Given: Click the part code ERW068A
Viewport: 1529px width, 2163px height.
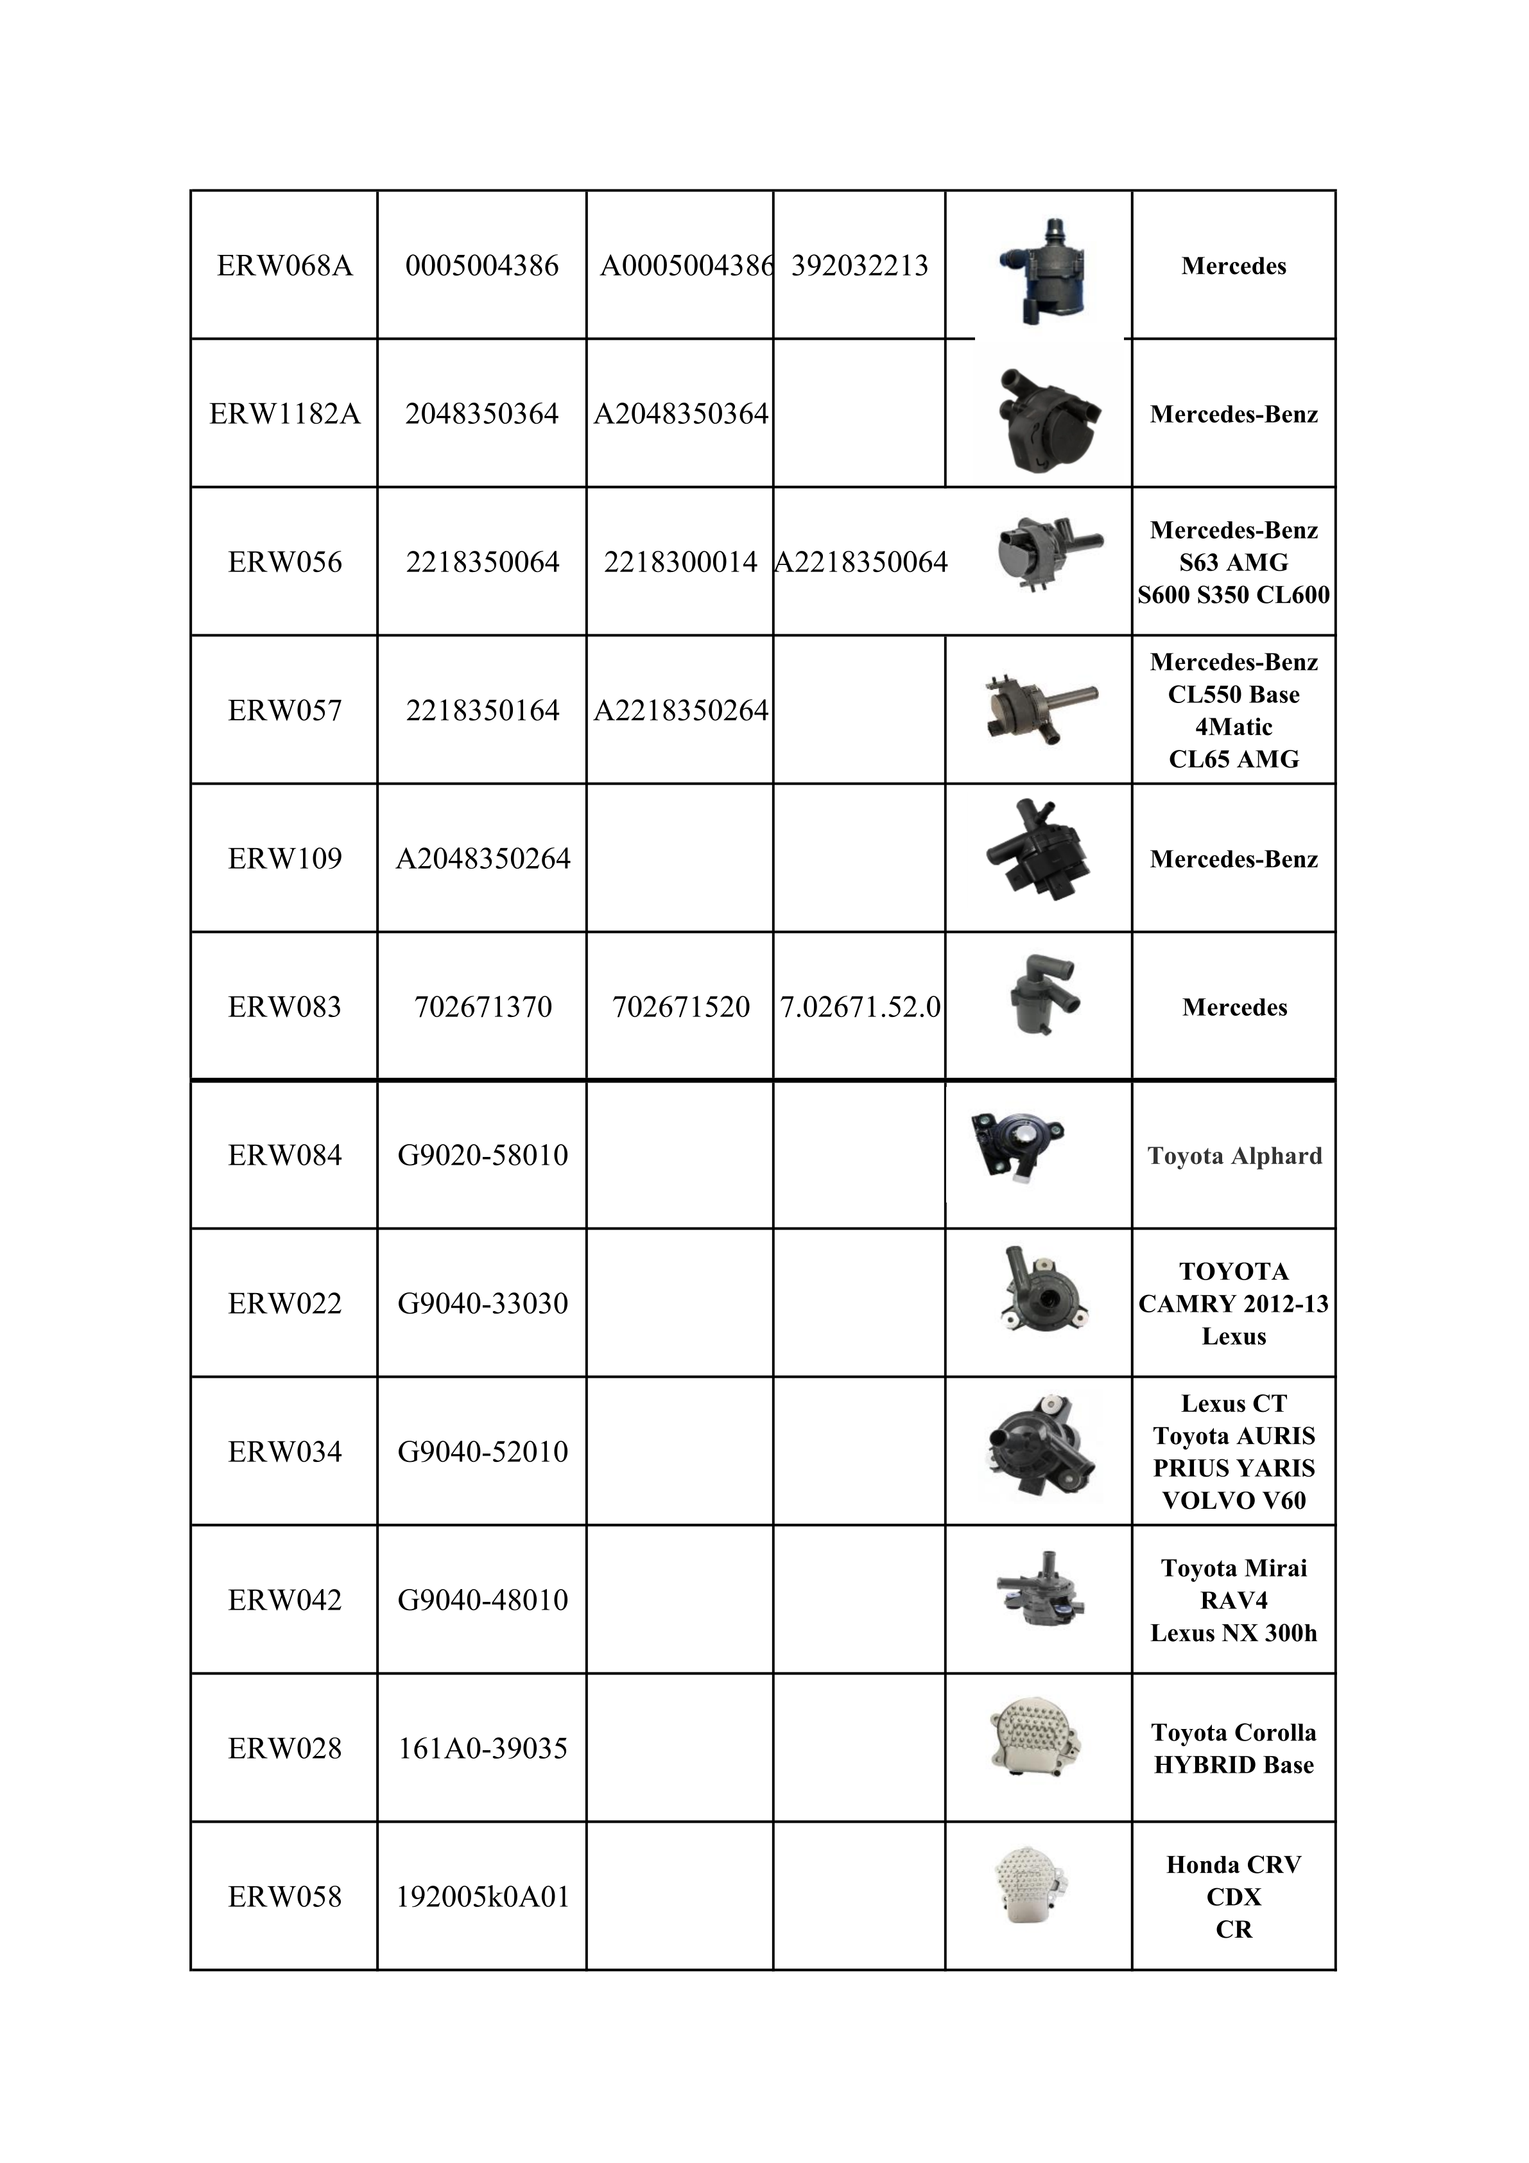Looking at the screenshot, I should [284, 266].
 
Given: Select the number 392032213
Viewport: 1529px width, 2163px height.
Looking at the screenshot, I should [859, 266].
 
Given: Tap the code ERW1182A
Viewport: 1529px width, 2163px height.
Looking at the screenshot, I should [284, 413].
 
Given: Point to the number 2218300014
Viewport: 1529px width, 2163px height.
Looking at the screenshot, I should [680, 562].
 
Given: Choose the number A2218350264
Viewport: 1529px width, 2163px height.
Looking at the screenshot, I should [680, 710].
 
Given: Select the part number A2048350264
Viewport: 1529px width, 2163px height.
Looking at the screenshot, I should [482, 858].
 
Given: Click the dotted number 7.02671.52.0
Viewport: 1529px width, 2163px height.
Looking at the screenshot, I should [859, 1007].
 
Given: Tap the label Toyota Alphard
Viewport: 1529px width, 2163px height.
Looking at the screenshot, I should [1234, 1156].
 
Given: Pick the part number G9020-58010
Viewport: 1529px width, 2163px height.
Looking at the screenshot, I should [482, 1155].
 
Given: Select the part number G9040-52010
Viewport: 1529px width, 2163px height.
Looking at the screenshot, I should [482, 1452].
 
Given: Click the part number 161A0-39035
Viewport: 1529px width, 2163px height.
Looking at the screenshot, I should [482, 1748].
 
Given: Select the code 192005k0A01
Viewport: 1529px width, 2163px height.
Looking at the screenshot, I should [482, 1897].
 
